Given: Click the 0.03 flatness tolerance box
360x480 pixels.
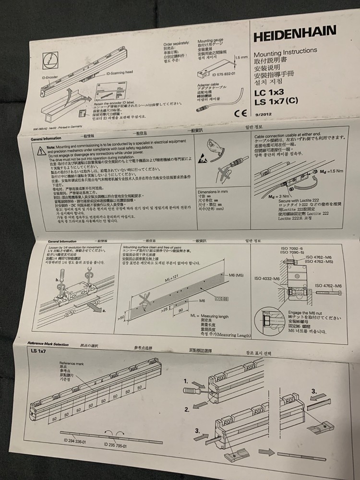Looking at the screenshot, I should (224, 299).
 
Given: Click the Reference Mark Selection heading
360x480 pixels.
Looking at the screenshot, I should (48, 344).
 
